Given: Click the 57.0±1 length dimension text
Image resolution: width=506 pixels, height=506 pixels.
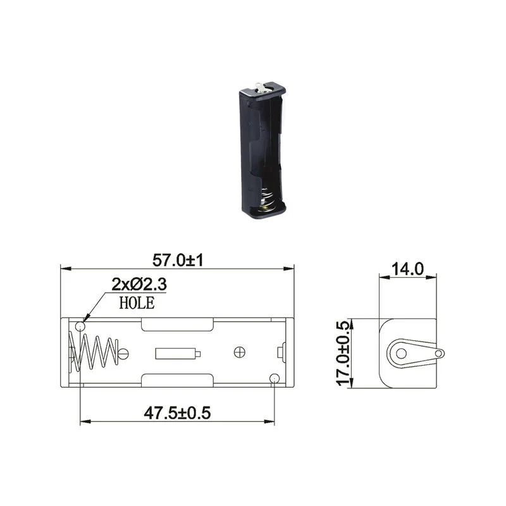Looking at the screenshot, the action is [178, 260].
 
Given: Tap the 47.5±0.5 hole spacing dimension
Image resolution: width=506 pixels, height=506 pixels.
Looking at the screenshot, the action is [177, 413].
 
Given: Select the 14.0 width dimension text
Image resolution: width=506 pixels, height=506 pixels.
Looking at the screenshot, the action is [407, 269].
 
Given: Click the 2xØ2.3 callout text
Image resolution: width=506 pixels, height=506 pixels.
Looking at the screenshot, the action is [139, 284].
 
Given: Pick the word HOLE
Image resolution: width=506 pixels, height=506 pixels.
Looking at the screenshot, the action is [137, 303].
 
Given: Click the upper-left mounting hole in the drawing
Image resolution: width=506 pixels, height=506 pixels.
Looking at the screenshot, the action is [80, 327].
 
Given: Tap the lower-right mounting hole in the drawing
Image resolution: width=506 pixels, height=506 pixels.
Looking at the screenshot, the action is [275, 378].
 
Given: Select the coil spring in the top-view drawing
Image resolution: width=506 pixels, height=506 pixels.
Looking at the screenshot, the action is [93, 353].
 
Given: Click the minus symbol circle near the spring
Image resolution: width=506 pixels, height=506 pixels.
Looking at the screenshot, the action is [123, 354].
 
